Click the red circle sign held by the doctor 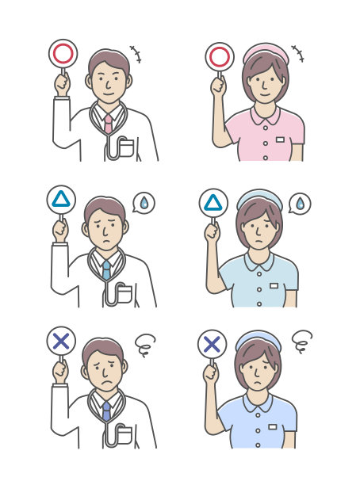(x=62, y=53)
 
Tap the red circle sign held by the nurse (x=220, y=57)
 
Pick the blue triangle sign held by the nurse (x=213, y=204)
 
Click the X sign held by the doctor (x=60, y=342)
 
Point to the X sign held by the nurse (x=211, y=344)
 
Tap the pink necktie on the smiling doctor (x=108, y=124)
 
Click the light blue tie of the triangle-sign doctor (x=106, y=269)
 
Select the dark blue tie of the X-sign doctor (x=105, y=411)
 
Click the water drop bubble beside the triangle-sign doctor (x=144, y=204)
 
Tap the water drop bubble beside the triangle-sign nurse (x=300, y=204)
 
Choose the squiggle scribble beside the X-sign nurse (x=302, y=342)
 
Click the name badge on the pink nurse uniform (x=281, y=139)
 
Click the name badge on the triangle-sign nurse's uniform (x=274, y=285)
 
